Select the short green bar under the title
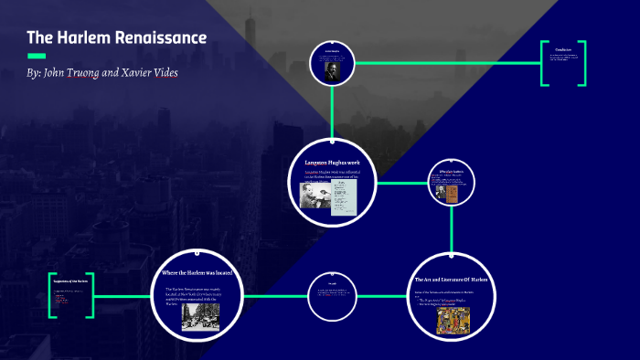point(37,56)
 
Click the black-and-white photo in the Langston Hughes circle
point(315,194)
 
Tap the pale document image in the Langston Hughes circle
point(344,192)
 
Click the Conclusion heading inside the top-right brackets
point(562,48)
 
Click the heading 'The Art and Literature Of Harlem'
point(451,280)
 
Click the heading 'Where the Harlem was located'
point(197,273)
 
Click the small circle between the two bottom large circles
point(331,296)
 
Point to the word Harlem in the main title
point(84,37)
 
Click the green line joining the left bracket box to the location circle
point(123,296)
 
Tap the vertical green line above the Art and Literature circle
point(451,236)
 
